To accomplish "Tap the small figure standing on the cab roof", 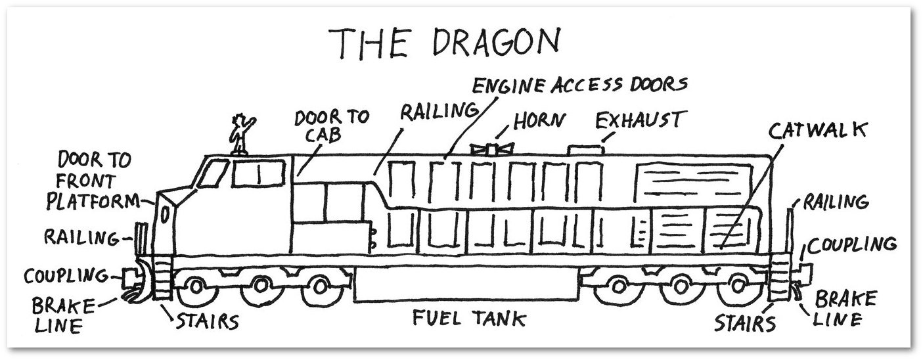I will [x=238, y=135].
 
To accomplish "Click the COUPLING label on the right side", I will [x=852, y=245].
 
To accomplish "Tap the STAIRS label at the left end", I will [x=204, y=322].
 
